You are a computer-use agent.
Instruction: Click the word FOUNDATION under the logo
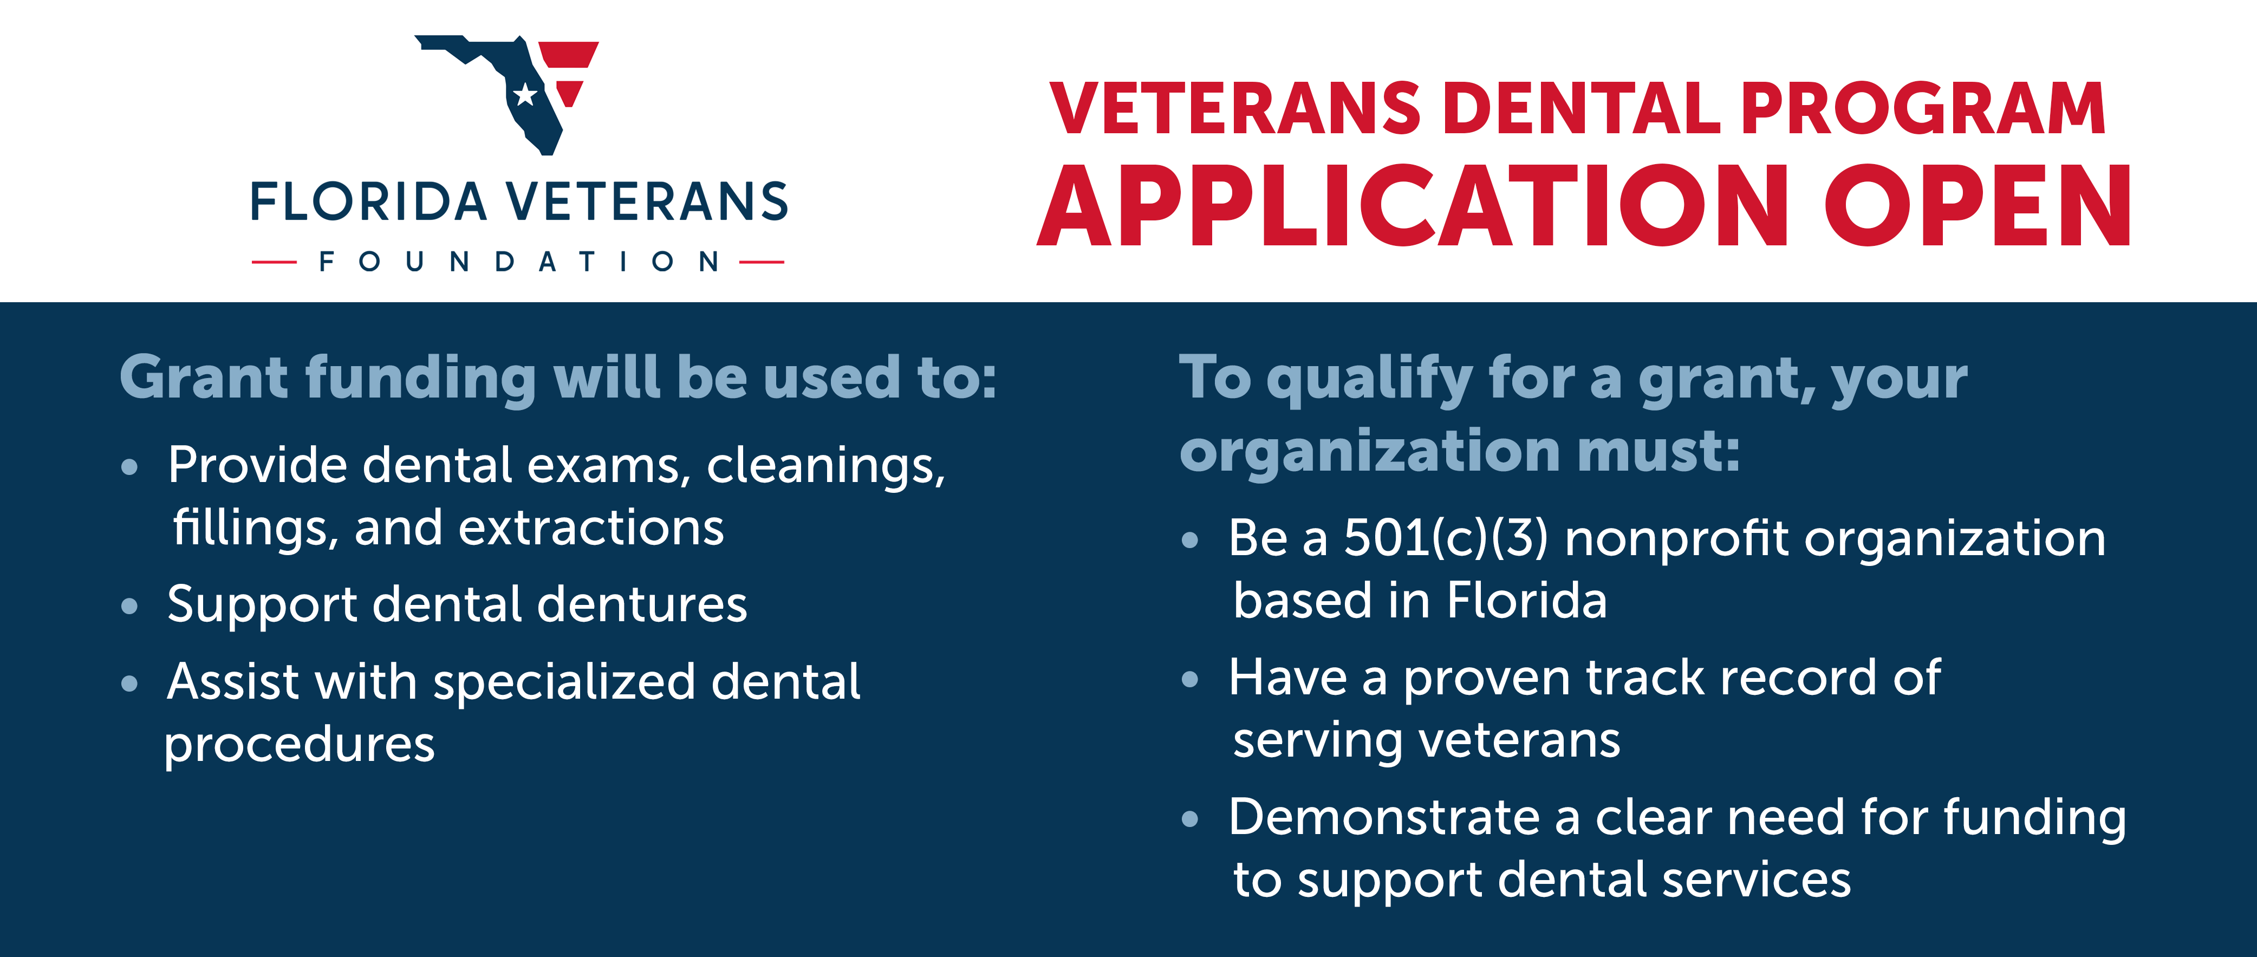click(519, 261)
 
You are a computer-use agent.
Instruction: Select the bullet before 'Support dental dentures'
click(129, 606)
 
